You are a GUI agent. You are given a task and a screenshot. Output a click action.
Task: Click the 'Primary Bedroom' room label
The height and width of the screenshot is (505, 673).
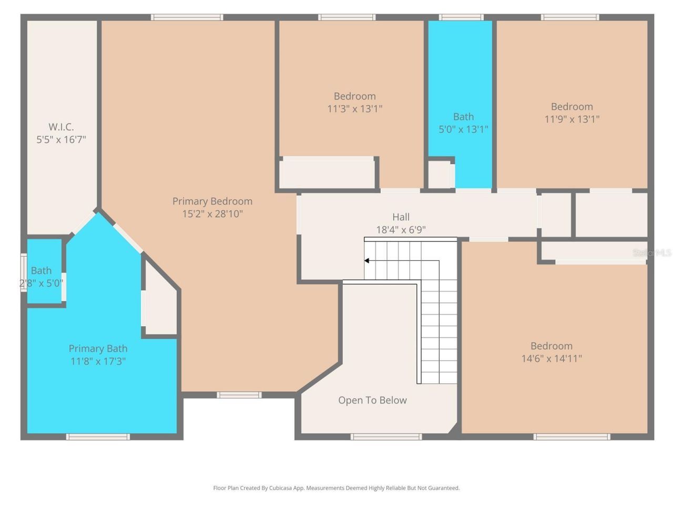(x=212, y=201)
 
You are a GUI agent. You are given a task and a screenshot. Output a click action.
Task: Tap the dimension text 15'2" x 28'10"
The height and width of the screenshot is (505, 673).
(x=212, y=214)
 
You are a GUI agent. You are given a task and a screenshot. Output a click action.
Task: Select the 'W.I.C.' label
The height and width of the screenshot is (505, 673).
(x=61, y=127)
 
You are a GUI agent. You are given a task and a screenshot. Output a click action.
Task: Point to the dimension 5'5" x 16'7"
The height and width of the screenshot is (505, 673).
(x=61, y=139)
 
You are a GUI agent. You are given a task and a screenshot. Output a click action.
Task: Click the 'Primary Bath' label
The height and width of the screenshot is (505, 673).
(x=98, y=348)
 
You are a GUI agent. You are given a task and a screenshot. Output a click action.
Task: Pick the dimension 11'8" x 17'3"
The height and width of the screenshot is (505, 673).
(x=98, y=361)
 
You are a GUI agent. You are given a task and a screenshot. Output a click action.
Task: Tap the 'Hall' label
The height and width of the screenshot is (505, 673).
(x=401, y=217)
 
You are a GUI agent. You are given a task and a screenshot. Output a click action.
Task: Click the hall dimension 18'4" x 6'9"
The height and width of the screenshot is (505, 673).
(x=401, y=229)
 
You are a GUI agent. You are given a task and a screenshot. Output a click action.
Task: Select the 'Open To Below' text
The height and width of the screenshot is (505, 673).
(x=372, y=400)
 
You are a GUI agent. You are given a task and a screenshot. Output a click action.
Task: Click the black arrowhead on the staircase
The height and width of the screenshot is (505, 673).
(x=366, y=260)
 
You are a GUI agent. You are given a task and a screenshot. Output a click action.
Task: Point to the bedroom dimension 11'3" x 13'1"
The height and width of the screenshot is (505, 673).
(x=354, y=109)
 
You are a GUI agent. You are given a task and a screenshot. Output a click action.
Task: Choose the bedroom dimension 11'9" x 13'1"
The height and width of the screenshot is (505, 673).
(x=572, y=119)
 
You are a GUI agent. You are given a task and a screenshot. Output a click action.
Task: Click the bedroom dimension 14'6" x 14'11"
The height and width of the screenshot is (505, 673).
(x=551, y=359)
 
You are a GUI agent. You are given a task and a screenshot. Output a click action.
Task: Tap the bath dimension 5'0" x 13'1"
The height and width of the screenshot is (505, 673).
(x=463, y=129)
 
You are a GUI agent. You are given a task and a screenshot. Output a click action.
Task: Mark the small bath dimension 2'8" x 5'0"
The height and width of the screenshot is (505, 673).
(x=41, y=283)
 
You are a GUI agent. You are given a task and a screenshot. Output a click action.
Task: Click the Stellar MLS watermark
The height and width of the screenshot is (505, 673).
(x=651, y=253)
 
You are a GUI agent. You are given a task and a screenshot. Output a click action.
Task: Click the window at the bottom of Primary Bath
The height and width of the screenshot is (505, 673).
(x=98, y=437)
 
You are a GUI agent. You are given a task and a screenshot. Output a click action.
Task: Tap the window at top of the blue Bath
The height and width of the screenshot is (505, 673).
(x=461, y=17)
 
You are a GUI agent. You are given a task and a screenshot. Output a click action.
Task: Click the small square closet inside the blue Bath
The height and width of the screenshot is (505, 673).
(x=440, y=175)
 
